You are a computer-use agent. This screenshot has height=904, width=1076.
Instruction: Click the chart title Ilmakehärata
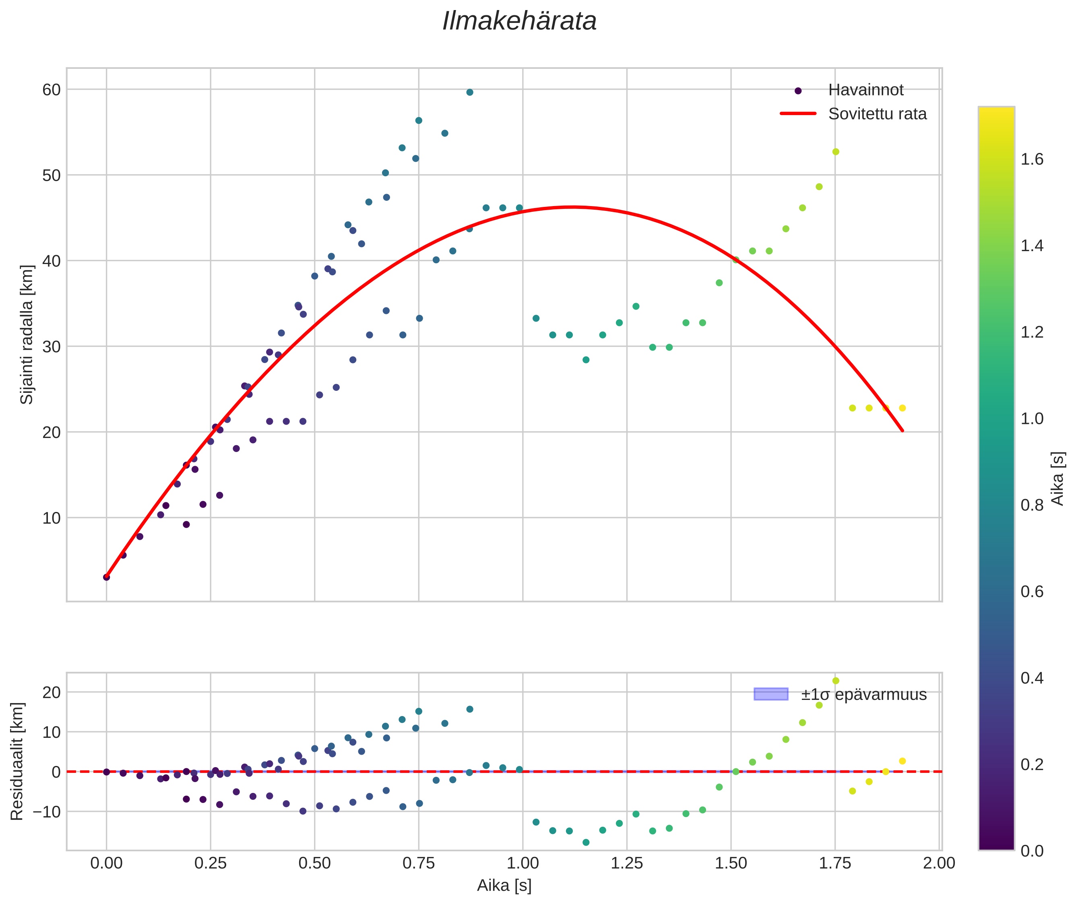[519, 21]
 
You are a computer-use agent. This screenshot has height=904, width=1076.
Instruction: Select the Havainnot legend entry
[866, 90]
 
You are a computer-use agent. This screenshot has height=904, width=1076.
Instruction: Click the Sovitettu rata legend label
[877, 114]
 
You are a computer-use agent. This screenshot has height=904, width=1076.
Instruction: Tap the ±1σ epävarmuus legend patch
[770, 694]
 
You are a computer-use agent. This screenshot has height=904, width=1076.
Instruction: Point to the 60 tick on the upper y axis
[51, 90]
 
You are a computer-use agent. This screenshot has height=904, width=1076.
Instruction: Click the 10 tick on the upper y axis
[51, 518]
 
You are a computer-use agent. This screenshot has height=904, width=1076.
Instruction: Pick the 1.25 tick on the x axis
[626, 863]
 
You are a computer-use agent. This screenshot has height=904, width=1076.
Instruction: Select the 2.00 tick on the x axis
[939, 863]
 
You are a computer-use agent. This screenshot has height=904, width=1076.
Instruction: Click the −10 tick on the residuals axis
[47, 812]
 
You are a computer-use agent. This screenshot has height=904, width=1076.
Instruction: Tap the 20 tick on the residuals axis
[51, 692]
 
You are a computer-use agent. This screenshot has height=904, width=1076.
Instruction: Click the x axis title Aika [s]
[504, 885]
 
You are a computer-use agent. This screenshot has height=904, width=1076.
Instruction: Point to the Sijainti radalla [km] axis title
[27, 334]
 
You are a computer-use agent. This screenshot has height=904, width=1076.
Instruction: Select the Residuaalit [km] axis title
[17, 762]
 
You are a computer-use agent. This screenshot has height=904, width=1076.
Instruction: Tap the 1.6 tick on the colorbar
[1032, 159]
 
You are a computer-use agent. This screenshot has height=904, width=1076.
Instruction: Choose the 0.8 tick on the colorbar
[1032, 505]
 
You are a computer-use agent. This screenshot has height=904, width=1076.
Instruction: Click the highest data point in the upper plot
[469, 92]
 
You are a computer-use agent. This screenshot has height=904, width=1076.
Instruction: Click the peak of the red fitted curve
[572, 207]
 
